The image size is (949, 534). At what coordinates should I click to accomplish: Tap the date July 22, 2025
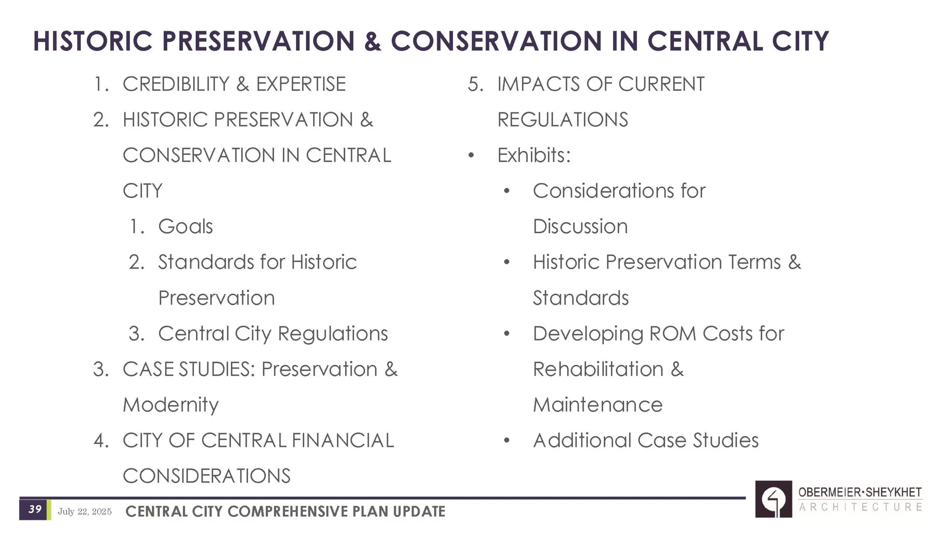(x=85, y=512)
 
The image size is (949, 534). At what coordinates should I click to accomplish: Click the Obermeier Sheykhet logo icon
(x=773, y=499)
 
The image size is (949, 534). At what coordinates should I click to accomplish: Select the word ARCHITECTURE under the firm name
(x=860, y=507)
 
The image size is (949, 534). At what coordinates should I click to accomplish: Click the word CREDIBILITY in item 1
(x=176, y=84)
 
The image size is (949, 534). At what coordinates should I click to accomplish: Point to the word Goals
(x=185, y=226)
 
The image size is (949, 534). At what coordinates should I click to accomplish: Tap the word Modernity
(x=171, y=405)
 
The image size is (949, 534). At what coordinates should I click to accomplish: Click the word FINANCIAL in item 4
(x=343, y=440)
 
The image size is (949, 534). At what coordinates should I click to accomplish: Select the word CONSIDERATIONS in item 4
(x=206, y=476)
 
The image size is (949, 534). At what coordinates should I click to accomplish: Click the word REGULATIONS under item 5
(x=563, y=119)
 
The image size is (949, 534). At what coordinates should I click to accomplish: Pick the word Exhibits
(x=534, y=155)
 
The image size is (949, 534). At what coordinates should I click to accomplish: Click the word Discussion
(x=580, y=226)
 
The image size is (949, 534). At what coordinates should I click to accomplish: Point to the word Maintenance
(x=598, y=405)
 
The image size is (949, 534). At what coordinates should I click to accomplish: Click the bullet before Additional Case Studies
(x=507, y=441)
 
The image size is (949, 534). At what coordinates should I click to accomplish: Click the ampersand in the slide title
(x=373, y=41)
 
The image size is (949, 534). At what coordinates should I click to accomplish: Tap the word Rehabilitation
(x=598, y=369)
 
